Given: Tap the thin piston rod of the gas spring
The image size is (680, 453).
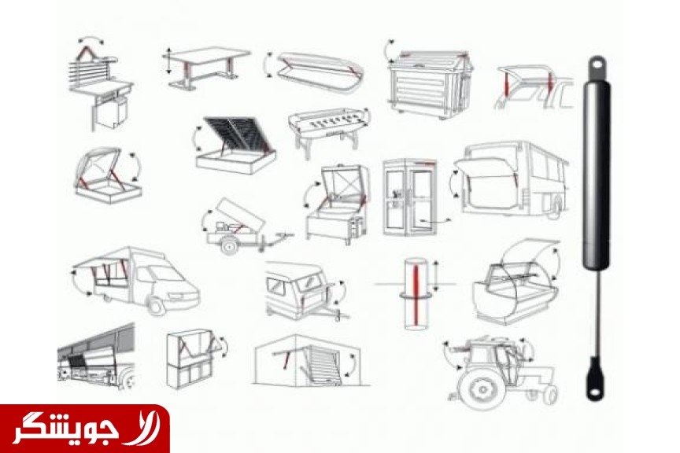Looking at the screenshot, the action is (597, 313).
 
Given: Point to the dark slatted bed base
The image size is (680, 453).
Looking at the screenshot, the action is (235, 134).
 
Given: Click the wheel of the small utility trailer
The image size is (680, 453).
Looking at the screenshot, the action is (229, 245).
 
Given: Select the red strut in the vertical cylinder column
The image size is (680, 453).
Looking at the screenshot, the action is (416, 295).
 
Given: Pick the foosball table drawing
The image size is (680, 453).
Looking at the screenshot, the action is (329, 129).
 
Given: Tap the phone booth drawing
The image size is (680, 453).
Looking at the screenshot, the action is (409, 197).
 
